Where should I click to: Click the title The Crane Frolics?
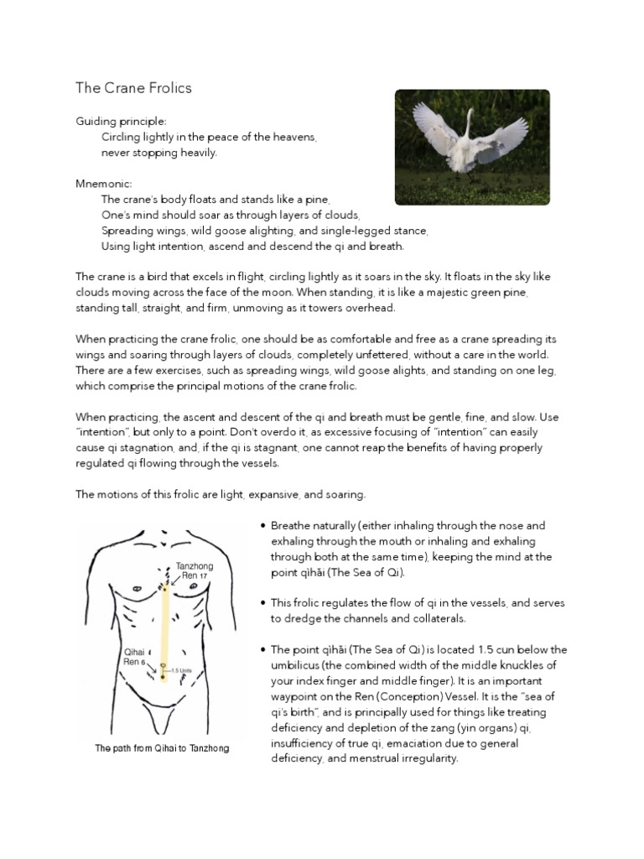pos(133,88)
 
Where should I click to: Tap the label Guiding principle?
pos(122,122)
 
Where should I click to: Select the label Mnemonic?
pos(105,184)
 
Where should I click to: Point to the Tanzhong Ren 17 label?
pos(195,571)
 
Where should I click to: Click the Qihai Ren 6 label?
pos(137,654)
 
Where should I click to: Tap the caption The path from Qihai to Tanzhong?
pos(162,748)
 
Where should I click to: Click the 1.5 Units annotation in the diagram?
pos(183,670)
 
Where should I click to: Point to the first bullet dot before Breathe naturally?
pos(263,526)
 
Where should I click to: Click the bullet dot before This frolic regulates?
pos(263,603)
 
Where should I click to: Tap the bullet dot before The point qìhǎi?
pos(263,650)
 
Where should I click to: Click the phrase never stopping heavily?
pos(159,153)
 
